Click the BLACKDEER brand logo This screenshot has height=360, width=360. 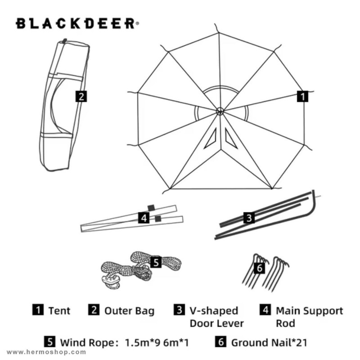[x=77, y=23]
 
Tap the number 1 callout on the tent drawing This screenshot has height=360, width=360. [x=302, y=96]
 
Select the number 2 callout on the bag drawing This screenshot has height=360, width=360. [x=81, y=96]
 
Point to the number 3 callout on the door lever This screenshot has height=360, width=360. [x=249, y=218]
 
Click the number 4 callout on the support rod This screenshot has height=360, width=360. [x=144, y=218]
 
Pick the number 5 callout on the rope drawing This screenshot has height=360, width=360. [x=156, y=262]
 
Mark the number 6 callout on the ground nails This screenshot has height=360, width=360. [x=260, y=268]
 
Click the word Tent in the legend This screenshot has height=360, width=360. [x=59, y=310]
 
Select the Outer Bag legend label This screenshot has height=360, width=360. [x=129, y=310]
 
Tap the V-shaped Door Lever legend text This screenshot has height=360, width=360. [x=216, y=317]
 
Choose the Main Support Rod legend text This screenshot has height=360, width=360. [x=309, y=317]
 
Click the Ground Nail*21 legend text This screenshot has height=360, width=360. [x=269, y=342]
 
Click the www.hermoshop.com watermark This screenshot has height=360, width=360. [x=46, y=352]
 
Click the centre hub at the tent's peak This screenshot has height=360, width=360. [x=220, y=111]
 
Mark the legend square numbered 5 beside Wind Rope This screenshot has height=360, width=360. [x=50, y=342]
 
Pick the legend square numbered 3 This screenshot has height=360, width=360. [x=179, y=310]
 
